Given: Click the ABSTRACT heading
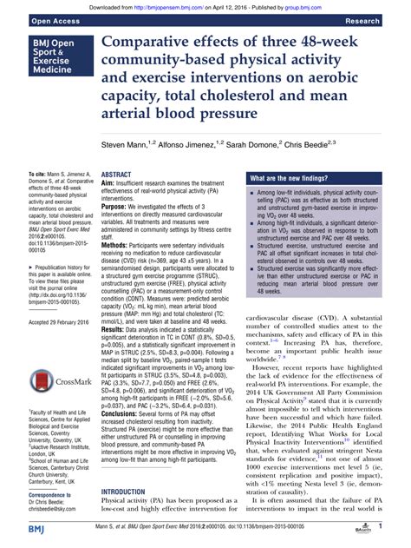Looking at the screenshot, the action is (119, 174).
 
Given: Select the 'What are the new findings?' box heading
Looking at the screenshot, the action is (293, 177).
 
